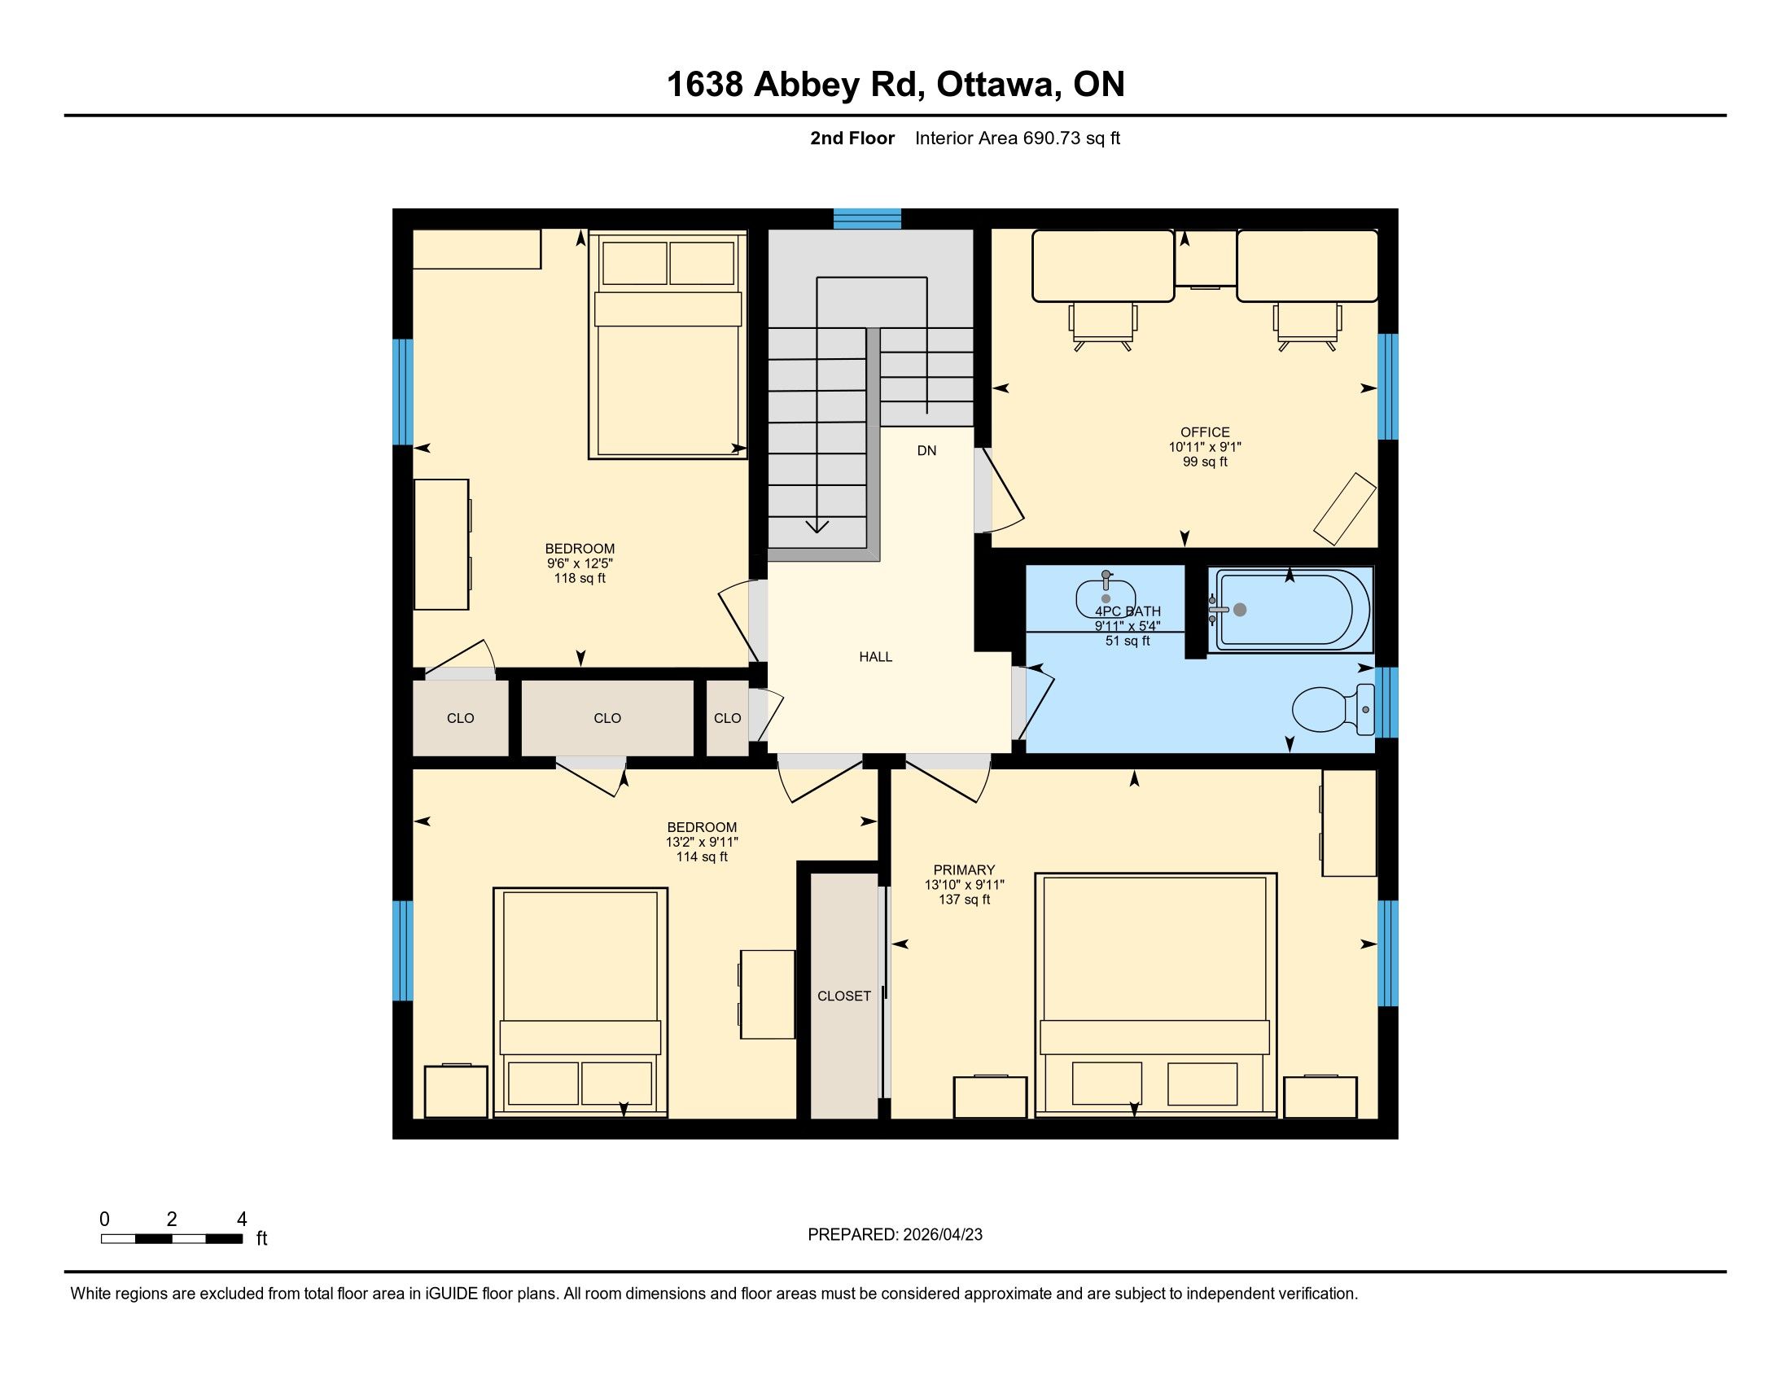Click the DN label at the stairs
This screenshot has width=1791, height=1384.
926,450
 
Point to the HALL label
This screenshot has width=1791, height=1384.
876,657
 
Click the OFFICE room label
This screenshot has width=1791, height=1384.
1205,432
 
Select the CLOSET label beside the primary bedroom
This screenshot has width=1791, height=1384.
844,996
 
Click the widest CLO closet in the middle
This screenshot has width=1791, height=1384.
607,718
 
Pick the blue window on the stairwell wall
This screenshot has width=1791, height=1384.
868,218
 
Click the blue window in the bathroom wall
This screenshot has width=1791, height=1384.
1386,703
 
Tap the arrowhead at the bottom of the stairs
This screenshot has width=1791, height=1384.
817,527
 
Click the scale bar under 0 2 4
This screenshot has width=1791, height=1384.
173,1238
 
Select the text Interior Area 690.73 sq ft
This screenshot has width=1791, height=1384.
1017,138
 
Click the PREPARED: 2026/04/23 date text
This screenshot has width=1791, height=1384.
895,1235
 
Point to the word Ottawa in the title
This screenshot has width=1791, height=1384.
996,85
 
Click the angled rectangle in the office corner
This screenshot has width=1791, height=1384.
1345,508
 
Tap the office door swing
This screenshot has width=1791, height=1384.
1005,490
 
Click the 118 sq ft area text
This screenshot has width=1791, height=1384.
580,578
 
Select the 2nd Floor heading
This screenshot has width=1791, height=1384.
852,138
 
